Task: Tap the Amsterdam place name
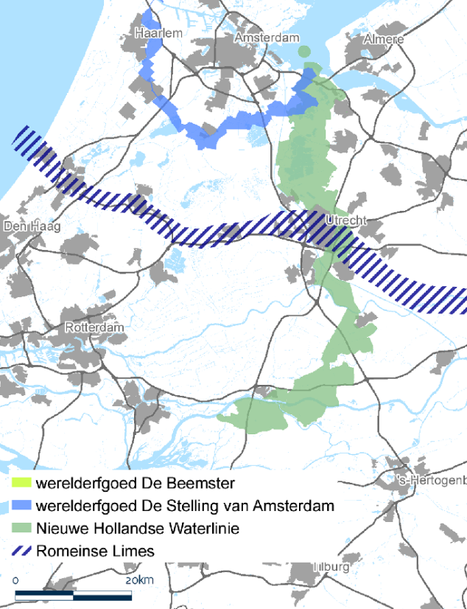tap(267, 38)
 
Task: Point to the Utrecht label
tap(345, 220)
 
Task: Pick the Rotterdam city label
tap(95, 327)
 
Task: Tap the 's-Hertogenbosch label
tap(430, 481)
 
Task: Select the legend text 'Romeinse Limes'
tap(96, 551)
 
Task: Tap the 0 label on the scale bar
tap(15, 581)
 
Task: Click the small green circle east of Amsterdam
tap(304, 51)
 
